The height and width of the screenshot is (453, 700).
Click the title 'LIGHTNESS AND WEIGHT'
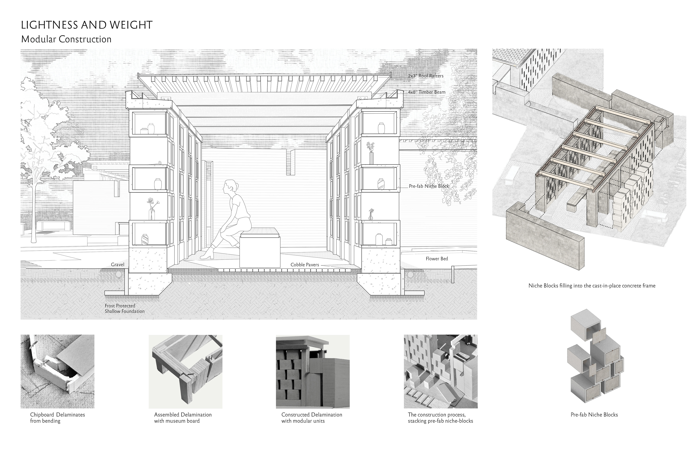tap(87, 25)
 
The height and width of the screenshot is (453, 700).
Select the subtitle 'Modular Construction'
tap(66, 39)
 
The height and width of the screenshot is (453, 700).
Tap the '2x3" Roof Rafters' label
tap(426, 76)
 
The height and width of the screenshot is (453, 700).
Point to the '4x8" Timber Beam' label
tap(426, 92)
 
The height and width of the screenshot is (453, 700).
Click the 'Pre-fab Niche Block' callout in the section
tap(429, 186)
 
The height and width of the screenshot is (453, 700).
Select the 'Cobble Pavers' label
tap(305, 265)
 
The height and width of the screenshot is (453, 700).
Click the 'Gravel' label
tap(118, 265)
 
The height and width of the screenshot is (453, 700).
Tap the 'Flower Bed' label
tap(437, 259)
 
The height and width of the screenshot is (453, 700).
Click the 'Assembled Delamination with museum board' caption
tap(183, 418)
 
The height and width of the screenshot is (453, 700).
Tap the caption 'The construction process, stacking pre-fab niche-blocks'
tap(440, 418)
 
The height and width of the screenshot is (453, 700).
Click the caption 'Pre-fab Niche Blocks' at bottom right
tap(594, 415)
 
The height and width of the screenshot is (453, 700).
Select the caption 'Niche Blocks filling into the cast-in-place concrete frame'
tap(592, 286)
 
